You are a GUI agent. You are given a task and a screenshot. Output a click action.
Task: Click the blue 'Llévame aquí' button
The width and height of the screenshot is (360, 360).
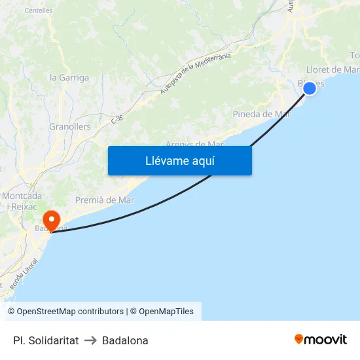click(179, 160)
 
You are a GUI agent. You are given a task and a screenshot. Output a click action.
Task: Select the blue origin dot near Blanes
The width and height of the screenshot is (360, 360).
click(309, 88)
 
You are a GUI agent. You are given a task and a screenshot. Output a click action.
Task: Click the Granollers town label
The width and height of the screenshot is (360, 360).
click(70, 126)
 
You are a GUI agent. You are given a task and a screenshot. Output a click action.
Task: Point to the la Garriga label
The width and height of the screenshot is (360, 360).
click(69, 77)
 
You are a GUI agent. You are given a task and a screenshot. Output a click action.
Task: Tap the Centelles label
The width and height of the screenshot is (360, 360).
click(39, 10)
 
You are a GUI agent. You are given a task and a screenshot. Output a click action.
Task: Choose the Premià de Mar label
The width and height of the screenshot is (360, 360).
click(105, 200)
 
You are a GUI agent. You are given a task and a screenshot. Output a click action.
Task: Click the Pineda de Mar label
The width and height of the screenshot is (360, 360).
click(261, 114)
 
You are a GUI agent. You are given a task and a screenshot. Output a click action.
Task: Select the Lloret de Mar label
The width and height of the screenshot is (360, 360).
click(333, 69)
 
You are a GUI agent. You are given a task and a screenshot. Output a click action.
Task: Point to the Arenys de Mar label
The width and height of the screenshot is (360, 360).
click(194, 144)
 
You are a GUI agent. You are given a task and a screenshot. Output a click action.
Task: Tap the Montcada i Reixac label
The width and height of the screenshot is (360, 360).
click(22, 201)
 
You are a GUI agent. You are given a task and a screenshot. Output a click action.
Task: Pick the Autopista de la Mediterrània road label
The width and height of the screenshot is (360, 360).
click(196, 73)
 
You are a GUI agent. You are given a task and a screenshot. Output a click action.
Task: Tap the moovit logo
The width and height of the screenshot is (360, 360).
click(321, 339)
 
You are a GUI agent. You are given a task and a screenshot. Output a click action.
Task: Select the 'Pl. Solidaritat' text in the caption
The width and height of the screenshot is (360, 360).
click(46, 340)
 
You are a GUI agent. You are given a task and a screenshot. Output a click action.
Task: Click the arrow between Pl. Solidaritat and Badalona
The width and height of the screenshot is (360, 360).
click(90, 340)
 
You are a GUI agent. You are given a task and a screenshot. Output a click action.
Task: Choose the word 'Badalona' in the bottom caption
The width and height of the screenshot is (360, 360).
click(125, 340)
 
